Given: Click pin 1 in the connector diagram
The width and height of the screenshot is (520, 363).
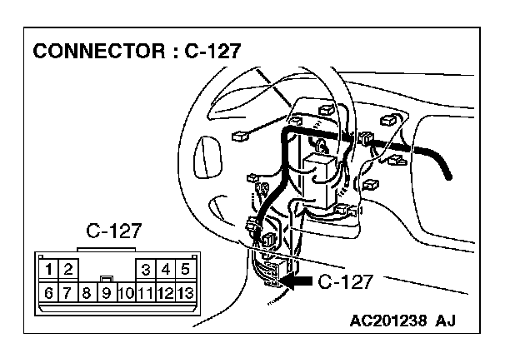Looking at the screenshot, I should [51, 269].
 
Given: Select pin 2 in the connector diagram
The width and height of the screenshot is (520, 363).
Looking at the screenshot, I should [68, 269].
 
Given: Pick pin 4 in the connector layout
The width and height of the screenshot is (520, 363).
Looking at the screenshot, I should [166, 269].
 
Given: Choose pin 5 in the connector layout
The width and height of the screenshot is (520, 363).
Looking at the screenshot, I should [185, 269].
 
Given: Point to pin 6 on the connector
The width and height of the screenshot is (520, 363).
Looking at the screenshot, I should [49, 292].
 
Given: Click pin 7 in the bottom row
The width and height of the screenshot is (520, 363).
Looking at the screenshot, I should [67, 292].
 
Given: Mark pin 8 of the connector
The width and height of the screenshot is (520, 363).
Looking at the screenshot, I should [87, 292].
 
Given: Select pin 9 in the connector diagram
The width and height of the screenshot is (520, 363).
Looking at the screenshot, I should [106, 292].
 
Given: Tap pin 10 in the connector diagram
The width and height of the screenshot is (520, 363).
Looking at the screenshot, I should [125, 292].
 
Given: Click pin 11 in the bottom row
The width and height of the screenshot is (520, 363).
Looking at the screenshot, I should [145, 292].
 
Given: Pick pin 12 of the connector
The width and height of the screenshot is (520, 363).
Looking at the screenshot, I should [165, 292].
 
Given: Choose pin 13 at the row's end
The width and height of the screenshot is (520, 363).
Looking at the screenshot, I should [185, 292].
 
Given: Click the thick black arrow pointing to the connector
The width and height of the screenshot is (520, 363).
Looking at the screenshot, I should [297, 282].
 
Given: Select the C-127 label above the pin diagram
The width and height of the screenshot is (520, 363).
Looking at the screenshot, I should [114, 231].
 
